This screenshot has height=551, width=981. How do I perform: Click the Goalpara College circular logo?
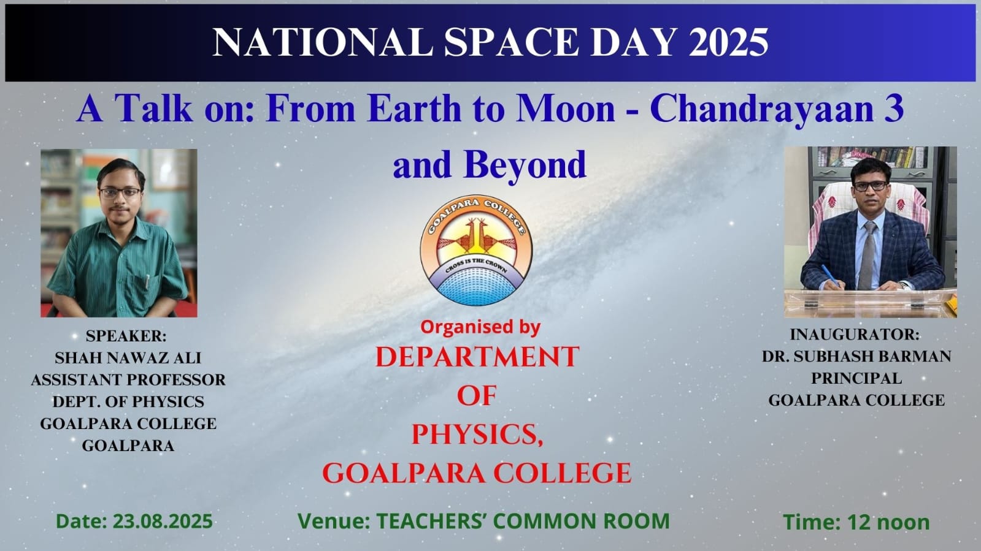[x=476, y=250]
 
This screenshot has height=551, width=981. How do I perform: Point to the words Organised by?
[x=480, y=327]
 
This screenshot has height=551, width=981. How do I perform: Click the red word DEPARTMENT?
[x=477, y=357]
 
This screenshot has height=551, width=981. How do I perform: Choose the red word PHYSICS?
[x=477, y=435]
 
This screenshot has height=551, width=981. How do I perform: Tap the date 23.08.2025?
[x=163, y=521]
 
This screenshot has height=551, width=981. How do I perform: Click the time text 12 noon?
[x=888, y=522]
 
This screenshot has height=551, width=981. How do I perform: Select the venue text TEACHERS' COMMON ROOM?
[x=523, y=521]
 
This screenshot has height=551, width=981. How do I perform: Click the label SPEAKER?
[x=126, y=336]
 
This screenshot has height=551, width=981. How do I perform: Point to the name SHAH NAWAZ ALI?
[x=128, y=358]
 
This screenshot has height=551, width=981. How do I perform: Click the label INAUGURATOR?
[x=855, y=335]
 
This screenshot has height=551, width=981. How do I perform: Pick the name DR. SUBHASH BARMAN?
[x=856, y=356]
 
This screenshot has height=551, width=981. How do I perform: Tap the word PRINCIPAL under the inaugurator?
[x=856, y=378]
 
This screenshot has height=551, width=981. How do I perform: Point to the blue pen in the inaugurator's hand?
[x=829, y=275]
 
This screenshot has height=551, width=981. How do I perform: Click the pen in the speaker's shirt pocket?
[x=148, y=281]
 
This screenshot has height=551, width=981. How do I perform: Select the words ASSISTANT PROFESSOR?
[x=128, y=379]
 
